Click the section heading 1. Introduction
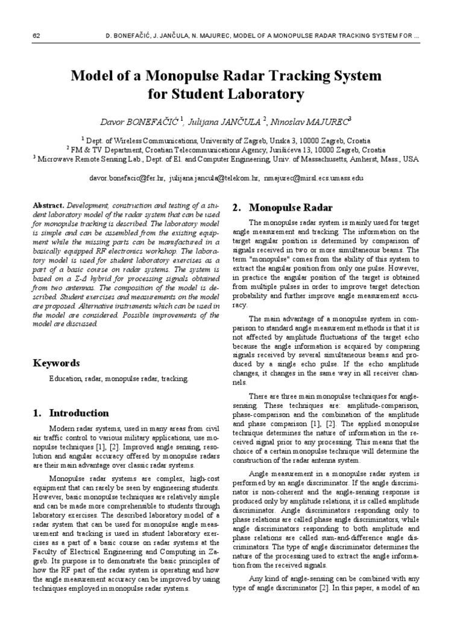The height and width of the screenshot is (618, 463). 71,413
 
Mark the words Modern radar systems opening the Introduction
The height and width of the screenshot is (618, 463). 80,428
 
